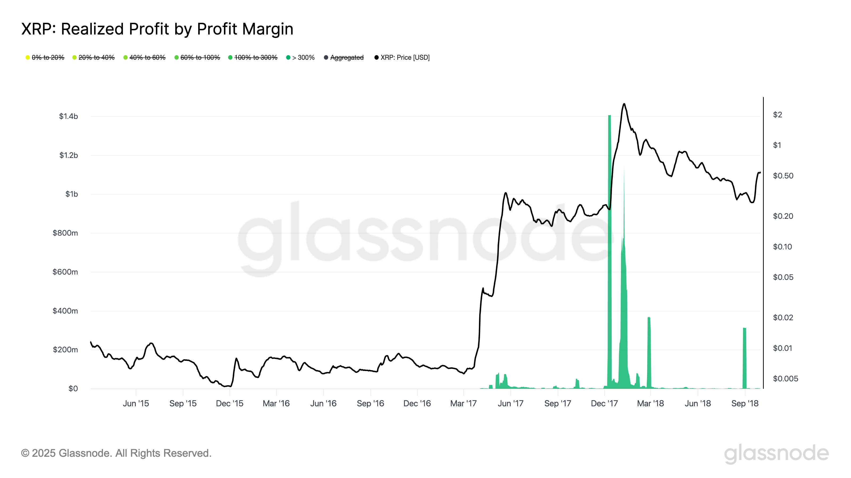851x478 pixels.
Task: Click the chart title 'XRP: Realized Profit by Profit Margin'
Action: coord(157,29)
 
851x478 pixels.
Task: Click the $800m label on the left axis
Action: coord(65,233)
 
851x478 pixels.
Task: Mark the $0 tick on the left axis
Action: coord(73,389)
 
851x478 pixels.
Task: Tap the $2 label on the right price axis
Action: coord(777,115)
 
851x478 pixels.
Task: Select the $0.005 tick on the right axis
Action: coord(785,379)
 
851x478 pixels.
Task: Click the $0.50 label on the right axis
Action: coord(783,176)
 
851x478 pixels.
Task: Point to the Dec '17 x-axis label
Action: coord(604,403)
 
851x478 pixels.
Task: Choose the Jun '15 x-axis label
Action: coord(136,403)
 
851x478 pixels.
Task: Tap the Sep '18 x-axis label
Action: coord(745,403)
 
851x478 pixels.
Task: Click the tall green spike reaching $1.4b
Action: coord(610,251)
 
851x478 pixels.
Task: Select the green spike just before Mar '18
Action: coord(649,353)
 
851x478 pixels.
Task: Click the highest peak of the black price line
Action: coord(624,104)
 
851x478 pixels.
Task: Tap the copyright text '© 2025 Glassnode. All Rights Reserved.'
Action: coord(116,453)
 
